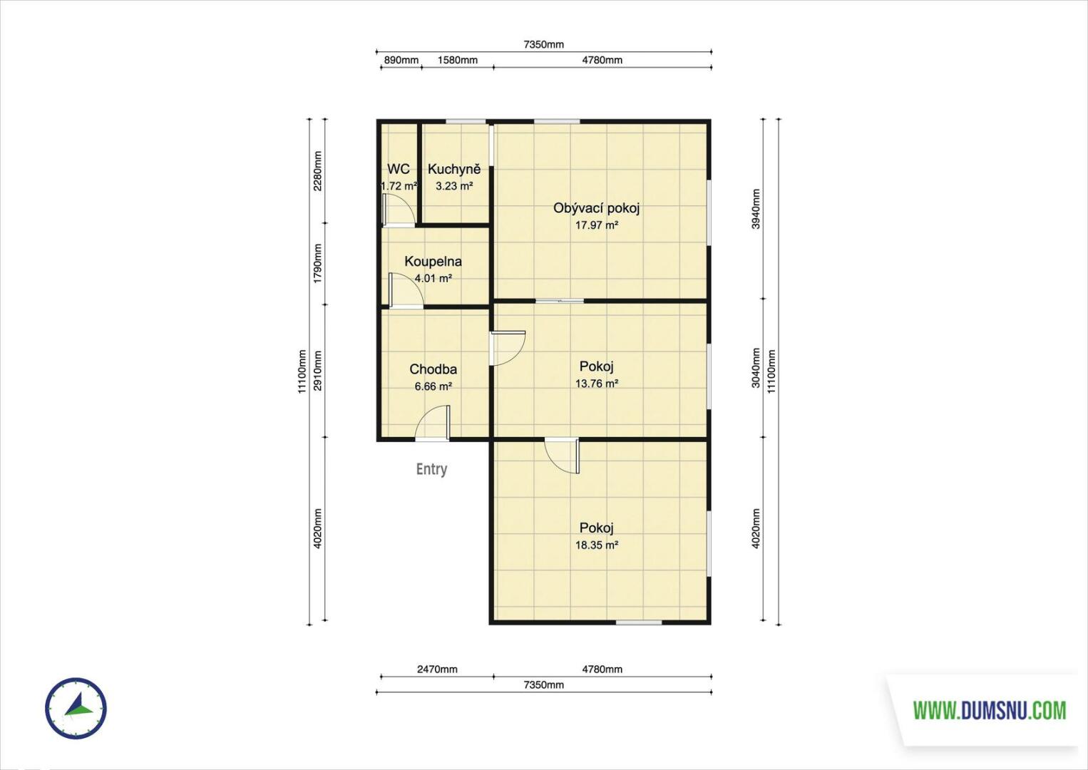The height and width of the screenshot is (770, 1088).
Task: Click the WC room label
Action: pos(399,169)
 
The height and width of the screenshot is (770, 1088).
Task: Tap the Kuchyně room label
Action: pos(454,169)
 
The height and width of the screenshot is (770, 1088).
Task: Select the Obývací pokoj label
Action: pos(597,208)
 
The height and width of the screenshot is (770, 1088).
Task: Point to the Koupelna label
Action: pos(433,262)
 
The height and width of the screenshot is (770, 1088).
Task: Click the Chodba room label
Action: pos(433,369)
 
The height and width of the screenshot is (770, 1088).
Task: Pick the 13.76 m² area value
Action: pos(597,384)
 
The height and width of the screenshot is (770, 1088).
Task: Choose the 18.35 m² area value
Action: pos(597,545)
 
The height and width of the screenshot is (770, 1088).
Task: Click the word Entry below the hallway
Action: pos(432,469)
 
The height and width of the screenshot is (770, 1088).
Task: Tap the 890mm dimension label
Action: pos(401,60)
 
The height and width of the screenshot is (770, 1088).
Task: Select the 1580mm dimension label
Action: pos(458,60)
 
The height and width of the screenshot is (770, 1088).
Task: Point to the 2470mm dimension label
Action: pos(437,669)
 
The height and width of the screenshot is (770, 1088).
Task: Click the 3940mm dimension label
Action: pos(756,209)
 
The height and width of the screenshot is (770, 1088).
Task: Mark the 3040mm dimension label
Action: pos(756,368)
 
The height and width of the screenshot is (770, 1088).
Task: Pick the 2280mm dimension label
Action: pos(317,171)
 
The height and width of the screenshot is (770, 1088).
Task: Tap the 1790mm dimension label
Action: pos(317,264)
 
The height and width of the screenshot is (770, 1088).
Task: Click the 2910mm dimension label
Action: pos(317,371)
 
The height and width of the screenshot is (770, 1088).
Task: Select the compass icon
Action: pos(76,708)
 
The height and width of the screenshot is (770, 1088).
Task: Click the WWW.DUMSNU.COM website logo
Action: pos(990,711)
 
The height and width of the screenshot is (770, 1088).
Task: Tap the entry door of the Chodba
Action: pos(432,423)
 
